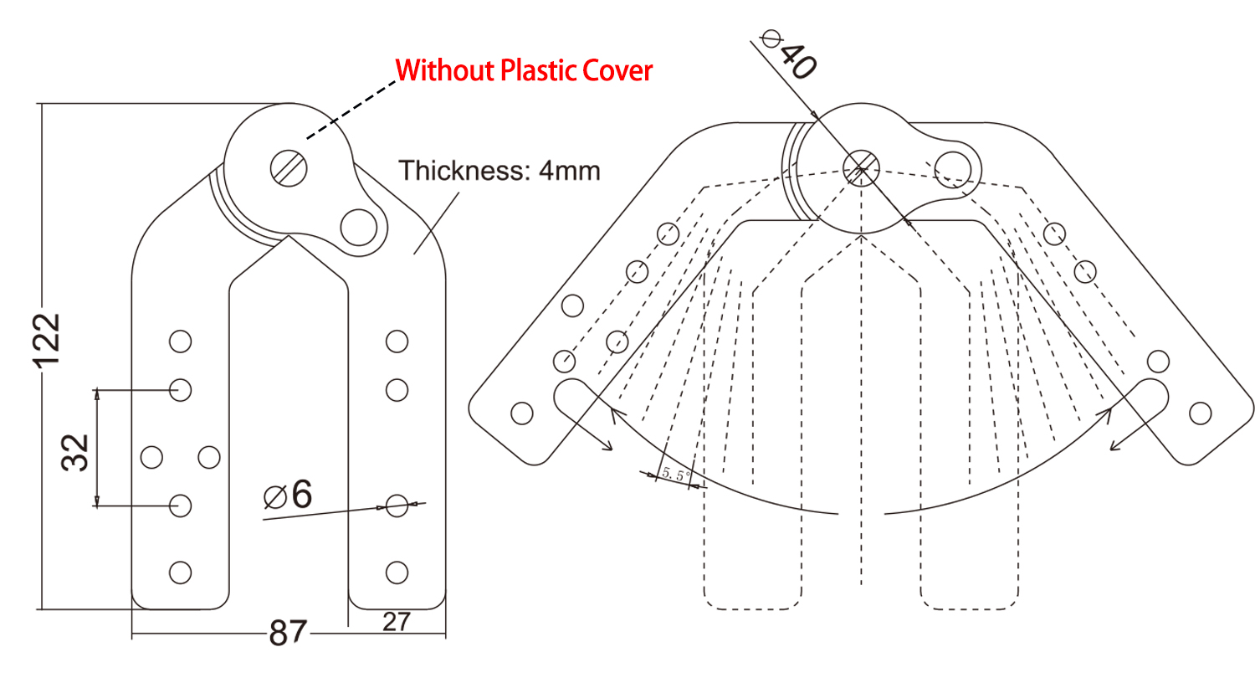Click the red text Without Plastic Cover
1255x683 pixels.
pyautogui.click(x=524, y=70)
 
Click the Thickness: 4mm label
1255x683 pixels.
pyautogui.click(x=499, y=170)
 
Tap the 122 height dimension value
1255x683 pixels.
pyautogui.click(x=47, y=341)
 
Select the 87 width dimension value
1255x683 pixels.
pyautogui.click(x=288, y=632)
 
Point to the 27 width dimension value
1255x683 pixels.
pyautogui.click(x=397, y=622)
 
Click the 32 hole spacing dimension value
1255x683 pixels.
pyautogui.click(x=75, y=452)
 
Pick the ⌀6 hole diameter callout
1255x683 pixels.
pyautogui.click(x=288, y=495)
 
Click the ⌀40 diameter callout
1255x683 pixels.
pyautogui.click(x=790, y=55)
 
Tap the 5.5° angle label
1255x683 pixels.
pyautogui.click(x=676, y=474)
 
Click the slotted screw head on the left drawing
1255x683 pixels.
pyautogui.click(x=289, y=168)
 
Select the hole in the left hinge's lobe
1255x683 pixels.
pyautogui.click(x=359, y=228)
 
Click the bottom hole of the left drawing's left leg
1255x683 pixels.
pyautogui.click(x=181, y=573)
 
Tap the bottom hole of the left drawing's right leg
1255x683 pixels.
pyautogui.click(x=397, y=573)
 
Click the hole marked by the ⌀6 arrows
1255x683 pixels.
pyautogui.click(x=397, y=506)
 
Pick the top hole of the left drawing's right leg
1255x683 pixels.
pyautogui.click(x=397, y=341)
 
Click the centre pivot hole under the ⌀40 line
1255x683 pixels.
pyautogui.click(x=861, y=168)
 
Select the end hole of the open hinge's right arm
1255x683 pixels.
pyautogui.click(x=1200, y=413)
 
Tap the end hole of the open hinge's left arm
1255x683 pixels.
pyautogui.click(x=521, y=413)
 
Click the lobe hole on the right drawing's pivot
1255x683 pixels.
pyautogui.click(x=952, y=170)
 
